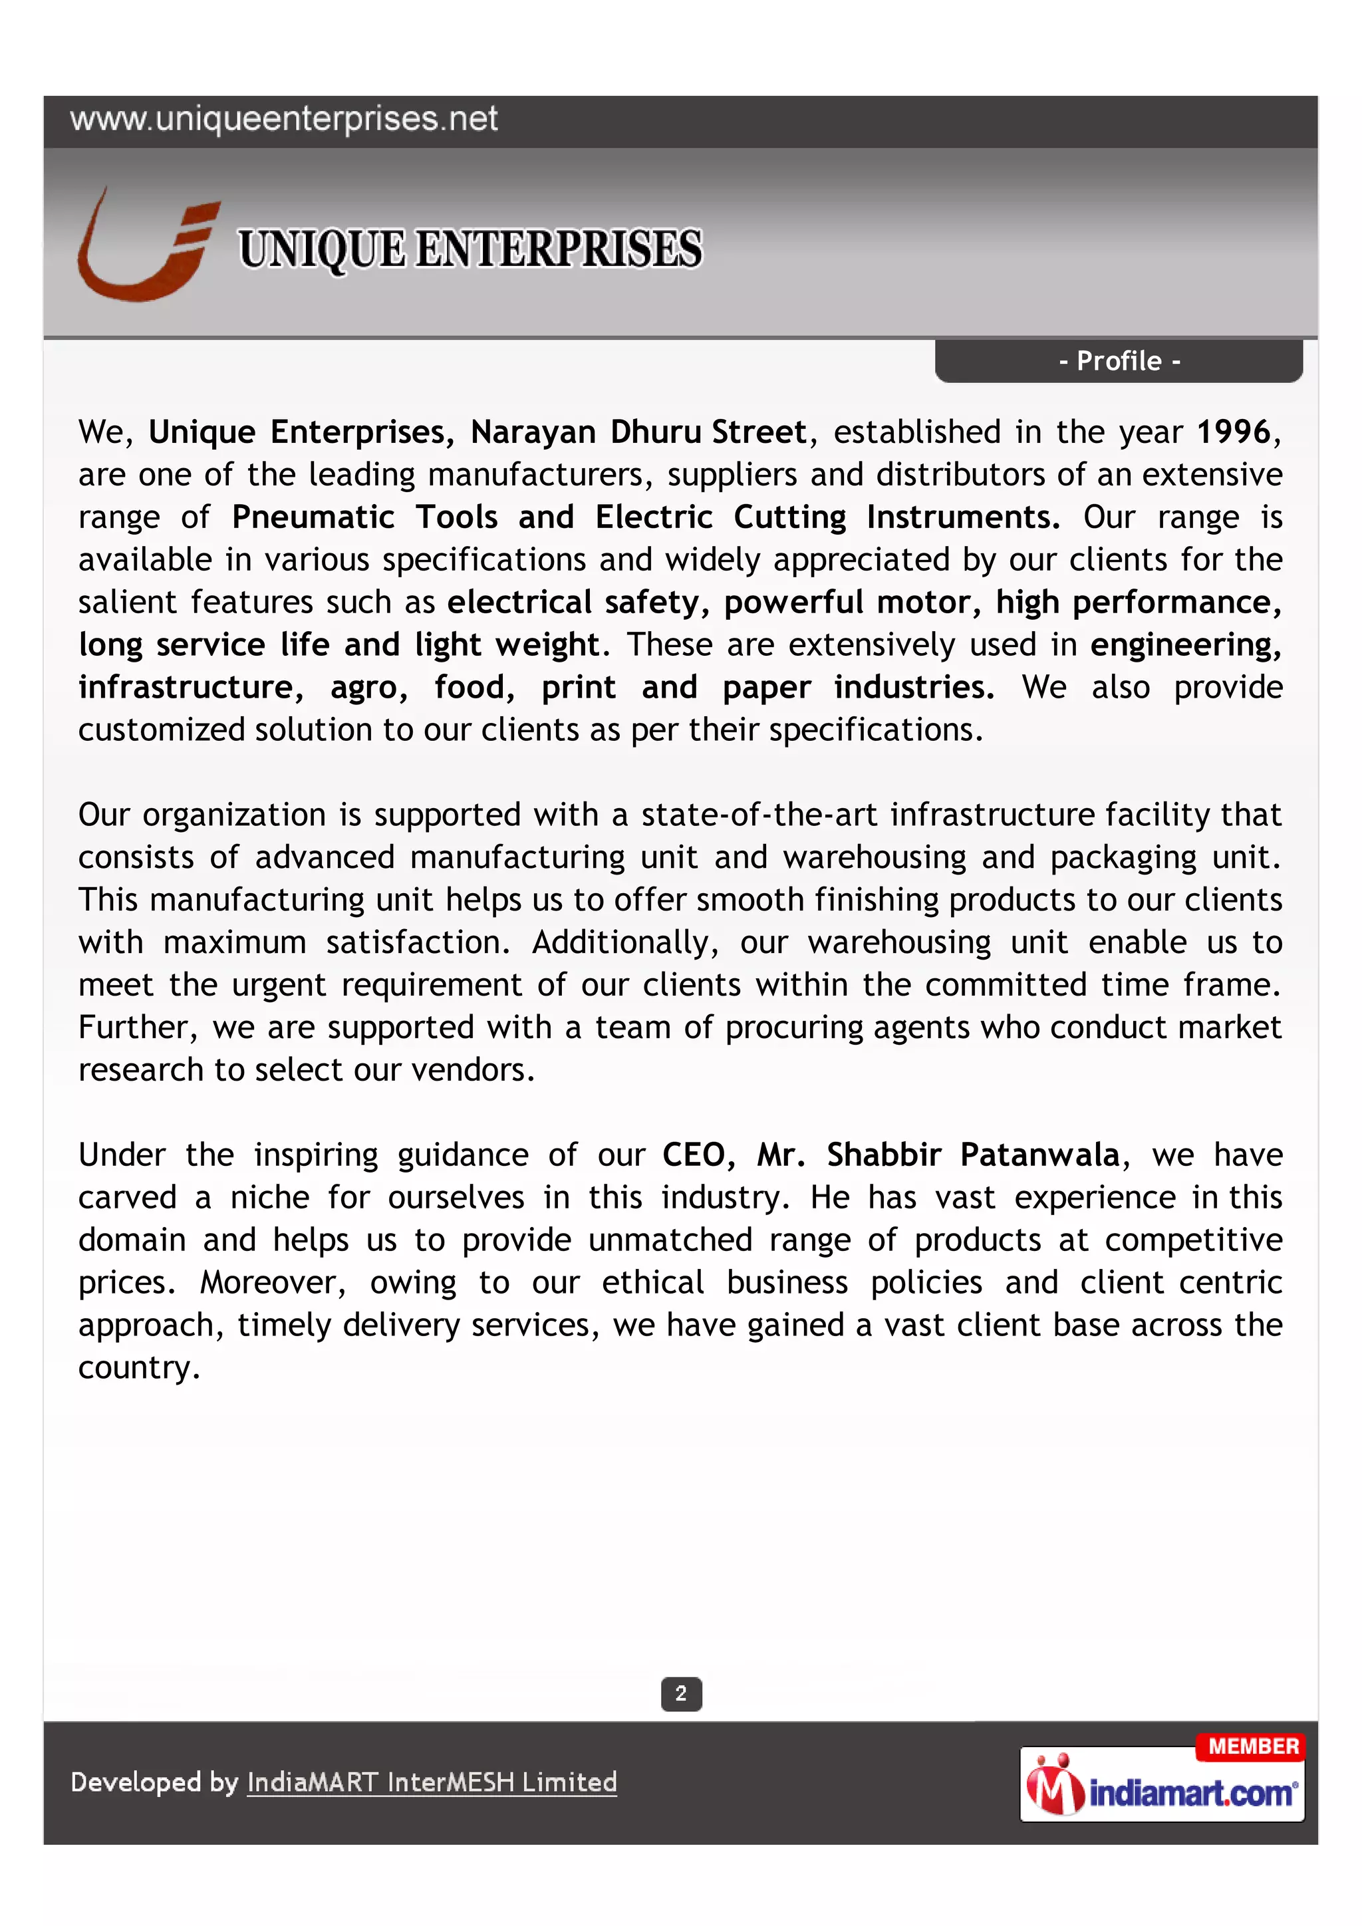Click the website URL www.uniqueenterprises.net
click(283, 120)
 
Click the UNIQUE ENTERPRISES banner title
click(470, 250)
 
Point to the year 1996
click(1234, 433)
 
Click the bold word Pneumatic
click(313, 517)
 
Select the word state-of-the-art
click(759, 815)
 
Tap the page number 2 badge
click(681, 1694)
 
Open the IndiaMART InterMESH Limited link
click(432, 1782)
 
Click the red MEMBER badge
click(1252, 1746)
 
